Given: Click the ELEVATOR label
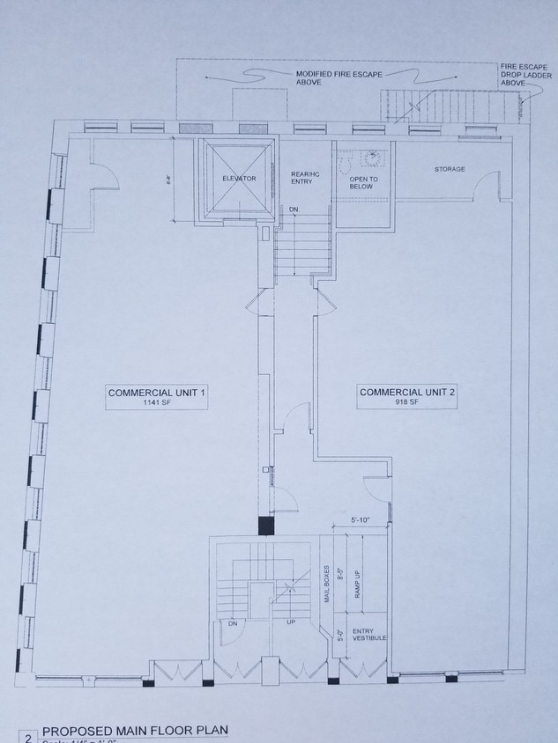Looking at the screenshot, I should [239, 179].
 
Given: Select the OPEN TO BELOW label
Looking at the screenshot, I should [362, 182].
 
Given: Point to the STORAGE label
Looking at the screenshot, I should [450, 169].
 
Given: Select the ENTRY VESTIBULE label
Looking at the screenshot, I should [368, 636].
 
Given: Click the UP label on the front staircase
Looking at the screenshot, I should [290, 622].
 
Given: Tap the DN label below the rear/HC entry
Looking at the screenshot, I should [293, 210].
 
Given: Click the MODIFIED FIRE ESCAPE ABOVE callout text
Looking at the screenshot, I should [320, 79].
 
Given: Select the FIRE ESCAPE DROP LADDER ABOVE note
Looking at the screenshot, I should [524, 75].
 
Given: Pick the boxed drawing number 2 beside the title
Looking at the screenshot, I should [27, 736].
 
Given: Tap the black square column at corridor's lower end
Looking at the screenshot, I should [266, 526].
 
